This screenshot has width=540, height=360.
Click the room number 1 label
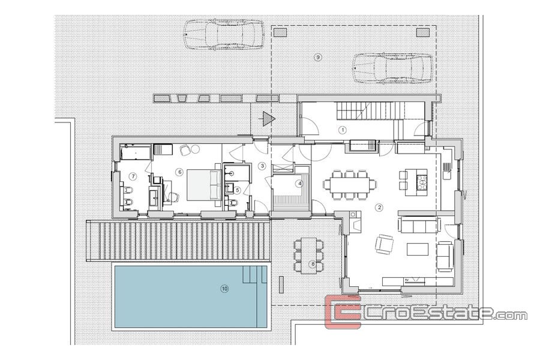click(x=343, y=130)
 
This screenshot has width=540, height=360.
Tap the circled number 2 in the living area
click(x=380, y=207)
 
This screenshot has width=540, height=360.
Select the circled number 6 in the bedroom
click(x=179, y=172)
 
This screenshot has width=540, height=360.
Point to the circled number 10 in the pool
click(x=224, y=289)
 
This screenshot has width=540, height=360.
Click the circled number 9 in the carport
click(x=318, y=57)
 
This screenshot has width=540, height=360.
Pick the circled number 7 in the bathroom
click(x=133, y=176)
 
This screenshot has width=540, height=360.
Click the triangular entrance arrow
click(x=268, y=119)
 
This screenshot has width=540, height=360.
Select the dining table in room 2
click(x=350, y=184)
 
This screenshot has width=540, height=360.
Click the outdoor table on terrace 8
click(x=308, y=256)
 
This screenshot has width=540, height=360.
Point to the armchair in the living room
click(x=383, y=244)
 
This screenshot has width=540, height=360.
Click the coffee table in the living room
click(x=418, y=249)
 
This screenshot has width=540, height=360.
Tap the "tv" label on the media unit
click(x=407, y=280)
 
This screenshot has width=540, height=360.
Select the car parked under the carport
click(x=392, y=68)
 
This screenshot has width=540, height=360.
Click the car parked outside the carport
click(x=224, y=34)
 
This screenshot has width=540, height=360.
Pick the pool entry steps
click(x=255, y=274)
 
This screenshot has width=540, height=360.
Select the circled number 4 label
click(x=300, y=184)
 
